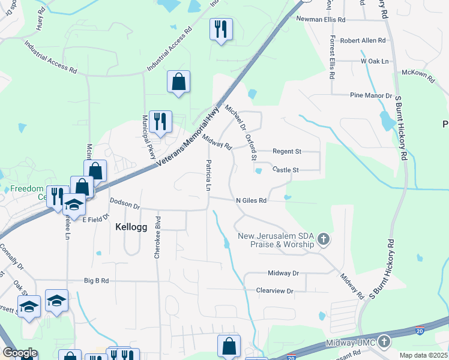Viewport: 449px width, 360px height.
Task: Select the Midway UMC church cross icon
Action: [x=384, y=342]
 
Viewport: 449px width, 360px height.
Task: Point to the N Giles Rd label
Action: [x=251, y=200]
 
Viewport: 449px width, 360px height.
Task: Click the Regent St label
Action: [x=287, y=151]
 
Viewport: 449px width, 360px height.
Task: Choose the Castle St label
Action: [x=285, y=170]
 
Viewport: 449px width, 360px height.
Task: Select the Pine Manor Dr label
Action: [x=371, y=95]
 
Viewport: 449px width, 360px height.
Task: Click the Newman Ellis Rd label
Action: [x=321, y=19]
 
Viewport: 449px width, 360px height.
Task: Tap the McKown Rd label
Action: [x=418, y=74]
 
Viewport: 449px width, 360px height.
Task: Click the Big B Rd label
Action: [x=96, y=280]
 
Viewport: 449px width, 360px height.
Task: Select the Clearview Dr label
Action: [x=274, y=291]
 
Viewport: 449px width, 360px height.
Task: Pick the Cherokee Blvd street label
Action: [x=158, y=237]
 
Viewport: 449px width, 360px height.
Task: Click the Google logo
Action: [x=20, y=353]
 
